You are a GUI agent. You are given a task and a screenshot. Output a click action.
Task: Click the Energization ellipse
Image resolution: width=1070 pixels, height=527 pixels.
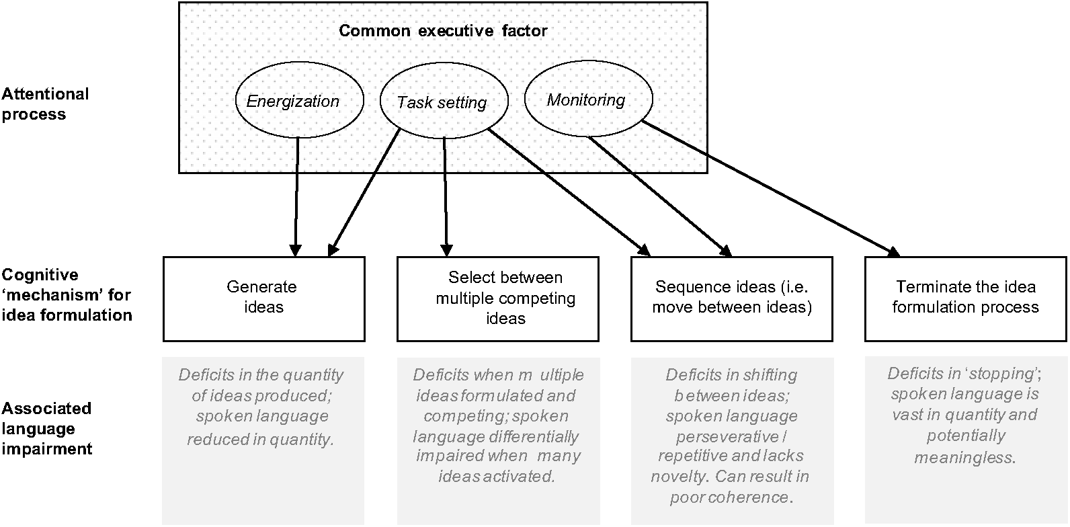coord(298,101)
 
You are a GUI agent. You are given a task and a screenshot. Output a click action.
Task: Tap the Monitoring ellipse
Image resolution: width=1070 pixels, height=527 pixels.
coord(587,100)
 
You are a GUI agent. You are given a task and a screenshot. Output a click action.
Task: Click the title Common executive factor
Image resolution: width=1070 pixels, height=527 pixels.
coord(443,31)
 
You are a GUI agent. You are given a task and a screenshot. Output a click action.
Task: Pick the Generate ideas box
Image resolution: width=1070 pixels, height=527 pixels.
coord(263,298)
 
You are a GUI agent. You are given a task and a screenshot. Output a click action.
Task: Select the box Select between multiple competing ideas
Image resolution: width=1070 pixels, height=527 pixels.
coord(497,298)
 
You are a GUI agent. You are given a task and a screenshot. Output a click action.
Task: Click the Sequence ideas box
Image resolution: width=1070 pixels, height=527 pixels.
coord(731,298)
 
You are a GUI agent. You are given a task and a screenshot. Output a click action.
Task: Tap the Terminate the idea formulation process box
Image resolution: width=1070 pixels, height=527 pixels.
coord(965,298)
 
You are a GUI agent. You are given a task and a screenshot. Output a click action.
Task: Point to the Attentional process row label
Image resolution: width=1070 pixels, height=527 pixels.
coord(44,104)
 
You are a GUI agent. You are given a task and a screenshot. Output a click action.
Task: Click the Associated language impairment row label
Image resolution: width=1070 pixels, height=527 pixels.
coord(46,428)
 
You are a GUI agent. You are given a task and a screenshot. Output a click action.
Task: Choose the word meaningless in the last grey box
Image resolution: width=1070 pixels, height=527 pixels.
coord(964,458)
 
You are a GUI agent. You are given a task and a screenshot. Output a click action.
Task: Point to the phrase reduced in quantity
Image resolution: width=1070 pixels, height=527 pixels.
coord(260,440)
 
